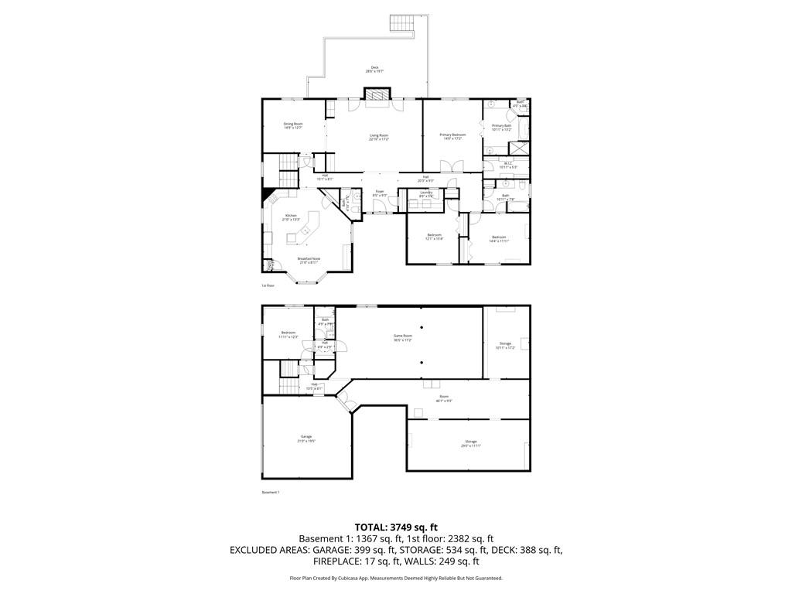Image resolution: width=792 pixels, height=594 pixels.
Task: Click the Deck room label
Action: [374, 69]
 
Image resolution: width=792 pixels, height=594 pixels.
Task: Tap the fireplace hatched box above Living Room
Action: [379, 94]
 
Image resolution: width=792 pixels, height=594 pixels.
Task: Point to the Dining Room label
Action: [292, 125]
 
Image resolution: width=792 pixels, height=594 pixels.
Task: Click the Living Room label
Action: [378, 137]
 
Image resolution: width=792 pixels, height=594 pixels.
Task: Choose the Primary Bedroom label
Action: [452, 136]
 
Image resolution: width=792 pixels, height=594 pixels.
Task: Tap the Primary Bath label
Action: [501, 127]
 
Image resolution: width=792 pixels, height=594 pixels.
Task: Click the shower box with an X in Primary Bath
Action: [521, 148]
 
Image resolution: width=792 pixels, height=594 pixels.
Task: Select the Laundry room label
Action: [425, 194]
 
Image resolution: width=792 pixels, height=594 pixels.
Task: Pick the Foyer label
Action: [380, 193]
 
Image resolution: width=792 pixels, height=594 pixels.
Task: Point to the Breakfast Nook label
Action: [309, 261]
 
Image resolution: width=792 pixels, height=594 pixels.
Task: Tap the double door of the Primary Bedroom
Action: [451, 166]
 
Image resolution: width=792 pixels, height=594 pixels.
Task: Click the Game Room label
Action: [404, 337]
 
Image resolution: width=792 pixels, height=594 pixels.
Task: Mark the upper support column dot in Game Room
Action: [422, 327]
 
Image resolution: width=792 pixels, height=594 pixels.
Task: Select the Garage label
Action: [306, 438]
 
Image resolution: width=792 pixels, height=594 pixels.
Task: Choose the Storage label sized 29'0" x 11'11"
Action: [471, 442]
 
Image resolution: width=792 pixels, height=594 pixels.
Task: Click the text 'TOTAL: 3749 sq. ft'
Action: [396, 527]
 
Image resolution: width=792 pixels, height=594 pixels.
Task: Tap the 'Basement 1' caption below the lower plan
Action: [270, 493]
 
